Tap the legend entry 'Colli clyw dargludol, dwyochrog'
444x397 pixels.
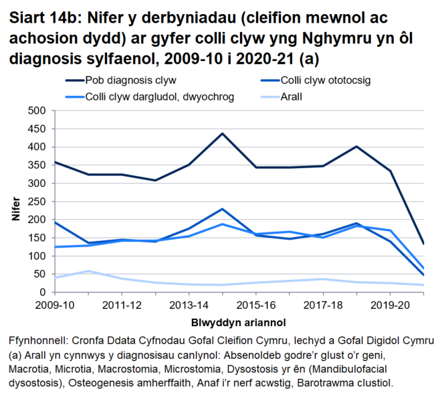[160, 96]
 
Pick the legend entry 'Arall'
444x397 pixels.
[292, 96]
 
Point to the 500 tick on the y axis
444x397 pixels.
[36, 110]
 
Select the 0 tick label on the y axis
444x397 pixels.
[42, 293]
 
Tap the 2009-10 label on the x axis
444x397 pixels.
[55, 305]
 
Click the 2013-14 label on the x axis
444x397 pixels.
[189, 305]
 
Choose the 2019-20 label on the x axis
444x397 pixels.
[389, 305]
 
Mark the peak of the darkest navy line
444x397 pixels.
[222, 133]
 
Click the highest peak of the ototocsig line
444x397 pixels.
[222, 209]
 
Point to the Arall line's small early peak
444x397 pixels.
[88, 271]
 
